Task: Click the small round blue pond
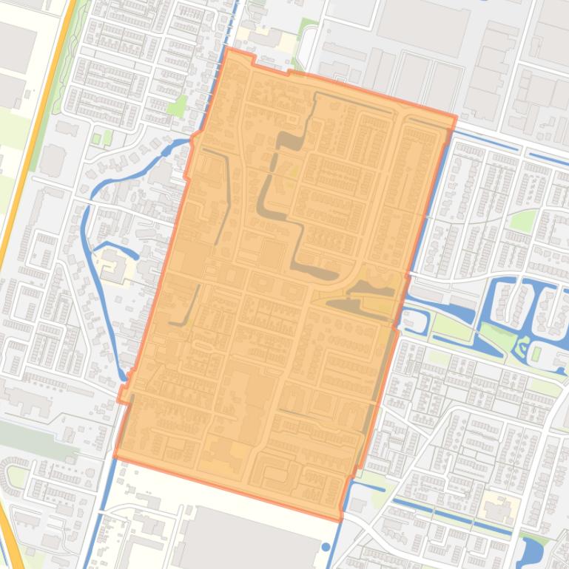point(326,548)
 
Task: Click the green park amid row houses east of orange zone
point(524,220)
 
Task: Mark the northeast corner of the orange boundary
point(456,116)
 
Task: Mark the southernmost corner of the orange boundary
point(340,520)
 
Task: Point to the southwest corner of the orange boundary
point(115,457)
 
